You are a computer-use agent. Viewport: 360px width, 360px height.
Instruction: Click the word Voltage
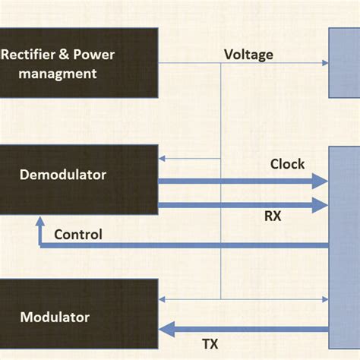(x=248, y=55)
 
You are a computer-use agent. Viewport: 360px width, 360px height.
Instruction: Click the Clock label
(x=287, y=164)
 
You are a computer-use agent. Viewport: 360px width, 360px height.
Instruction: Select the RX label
(x=273, y=216)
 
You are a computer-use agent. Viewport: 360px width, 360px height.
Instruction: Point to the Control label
(x=78, y=234)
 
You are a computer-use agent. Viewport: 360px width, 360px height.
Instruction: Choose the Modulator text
(x=55, y=317)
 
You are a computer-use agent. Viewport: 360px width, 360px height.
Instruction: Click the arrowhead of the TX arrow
(x=166, y=329)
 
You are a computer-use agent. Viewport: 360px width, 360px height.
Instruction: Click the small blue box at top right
(x=344, y=64)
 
